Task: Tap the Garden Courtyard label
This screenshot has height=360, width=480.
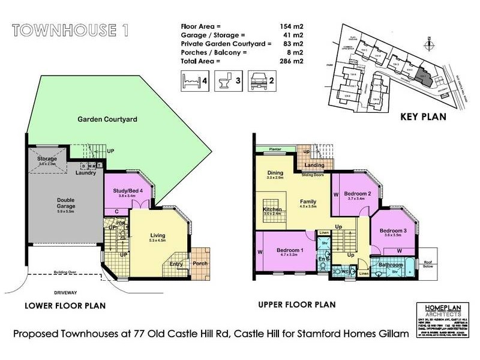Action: [x=107, y=119]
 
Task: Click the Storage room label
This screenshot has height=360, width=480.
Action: [x=47, y=159]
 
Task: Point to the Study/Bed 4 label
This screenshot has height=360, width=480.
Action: [x=127, y=191]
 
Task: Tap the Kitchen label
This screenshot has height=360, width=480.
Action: [x=272, y=210]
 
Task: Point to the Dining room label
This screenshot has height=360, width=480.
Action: [x=275, y=173]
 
